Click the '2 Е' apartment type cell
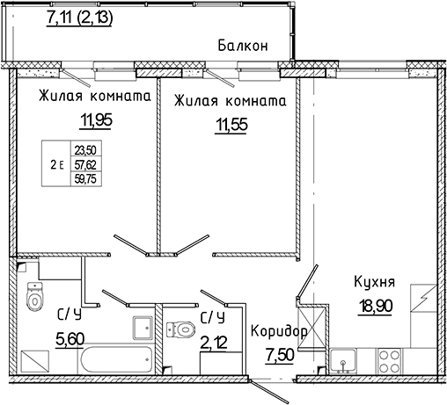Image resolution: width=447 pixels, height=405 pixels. [x=57, y=163]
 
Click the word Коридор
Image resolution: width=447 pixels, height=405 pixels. [x=280, y=331]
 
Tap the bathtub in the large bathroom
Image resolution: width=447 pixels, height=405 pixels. [x=114, y=361]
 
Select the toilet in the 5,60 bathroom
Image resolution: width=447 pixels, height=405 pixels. [x=35, y=299]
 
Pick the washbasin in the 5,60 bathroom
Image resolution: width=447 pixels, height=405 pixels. [x=143, y=329]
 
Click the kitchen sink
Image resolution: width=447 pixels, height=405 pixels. [x=341, y=360]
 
